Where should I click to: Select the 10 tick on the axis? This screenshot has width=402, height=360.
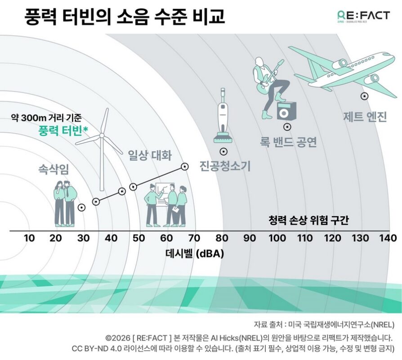(x=29, y=238)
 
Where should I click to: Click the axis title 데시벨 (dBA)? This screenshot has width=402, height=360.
(x=194, y=253)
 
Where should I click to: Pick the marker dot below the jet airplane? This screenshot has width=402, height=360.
(x=364, y=95)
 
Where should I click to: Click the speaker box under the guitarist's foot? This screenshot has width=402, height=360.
(x=284, y=110)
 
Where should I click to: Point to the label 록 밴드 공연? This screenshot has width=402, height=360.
(x=288, y=142)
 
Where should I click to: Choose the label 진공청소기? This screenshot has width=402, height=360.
(x=224, y=166)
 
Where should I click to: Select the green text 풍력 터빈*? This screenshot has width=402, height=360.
(x=63, y=131)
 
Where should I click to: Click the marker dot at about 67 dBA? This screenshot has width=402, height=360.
(x=184, y=166)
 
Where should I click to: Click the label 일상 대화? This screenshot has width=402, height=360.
(x=150, y=156)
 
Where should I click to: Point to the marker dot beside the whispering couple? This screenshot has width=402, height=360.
(x=81, y=207)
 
